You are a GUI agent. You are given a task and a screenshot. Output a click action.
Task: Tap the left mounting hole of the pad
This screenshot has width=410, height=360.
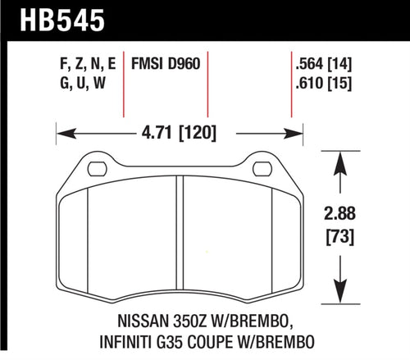click(97, 170)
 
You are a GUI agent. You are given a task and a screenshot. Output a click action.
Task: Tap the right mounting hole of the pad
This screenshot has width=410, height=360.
click(262, 170)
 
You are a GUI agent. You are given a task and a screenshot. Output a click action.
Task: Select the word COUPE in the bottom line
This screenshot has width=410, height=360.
click(206, 344)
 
